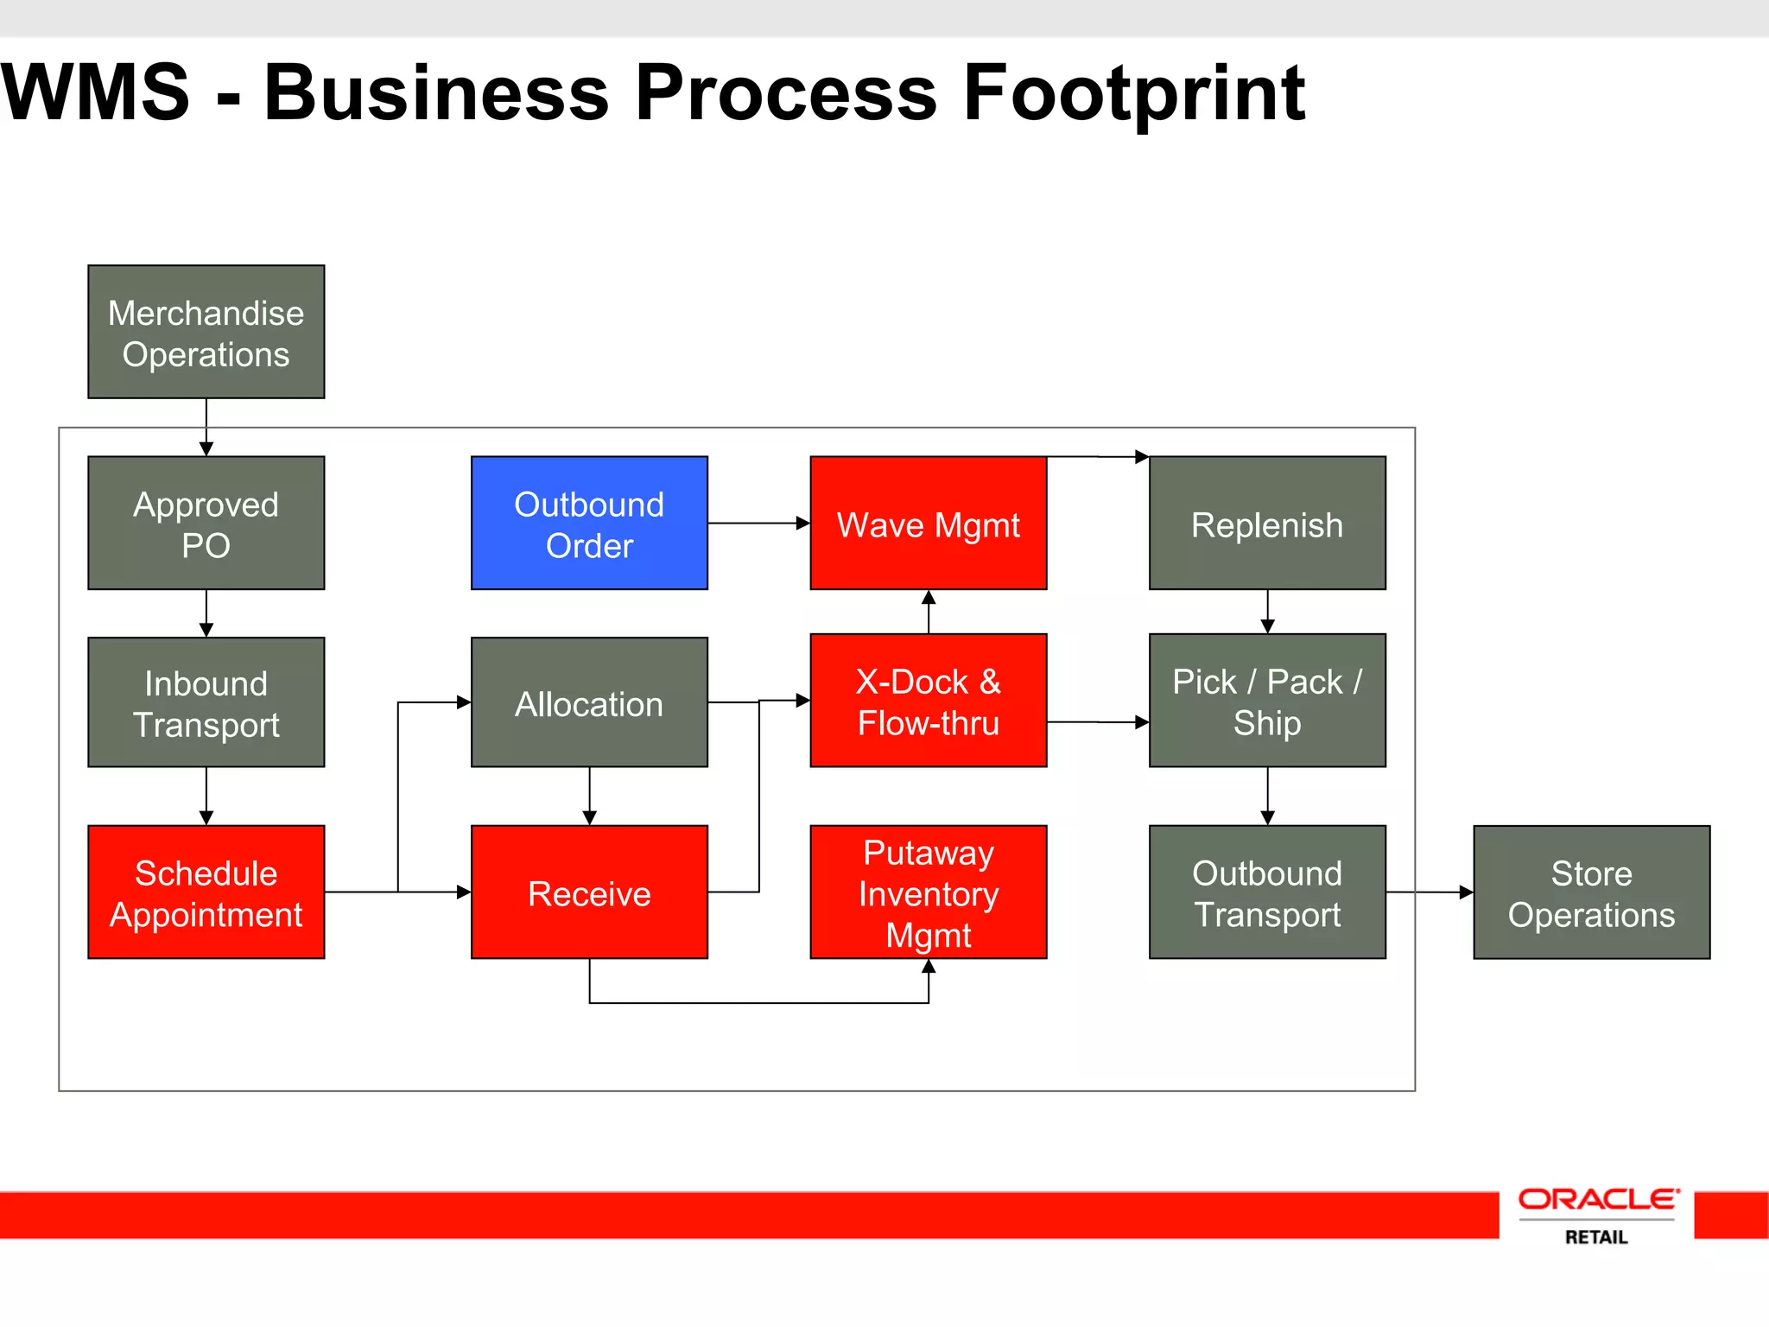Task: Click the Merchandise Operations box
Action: pos(206,332)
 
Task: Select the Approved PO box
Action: pos(206,523)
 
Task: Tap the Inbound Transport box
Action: pos(206,702)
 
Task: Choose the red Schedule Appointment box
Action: pos(206,892)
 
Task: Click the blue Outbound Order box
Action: pos(589,523)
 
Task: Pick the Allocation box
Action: pos(589,702)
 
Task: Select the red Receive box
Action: pos(589,892)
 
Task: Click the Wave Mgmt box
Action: pos(929,523)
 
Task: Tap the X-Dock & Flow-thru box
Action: pos(929,701)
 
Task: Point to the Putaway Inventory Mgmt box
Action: pos(929,892)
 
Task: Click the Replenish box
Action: pos(1267,523)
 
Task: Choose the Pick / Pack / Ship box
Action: pos(1267,701)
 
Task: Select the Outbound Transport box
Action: pos(1267,892)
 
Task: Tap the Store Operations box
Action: pos(1591,892)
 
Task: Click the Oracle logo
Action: pos(1598,1199)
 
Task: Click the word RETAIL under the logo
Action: pos(1596,1237)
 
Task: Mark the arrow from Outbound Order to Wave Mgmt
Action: pos(758,523)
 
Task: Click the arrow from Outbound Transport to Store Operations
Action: pos(1430,892)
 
